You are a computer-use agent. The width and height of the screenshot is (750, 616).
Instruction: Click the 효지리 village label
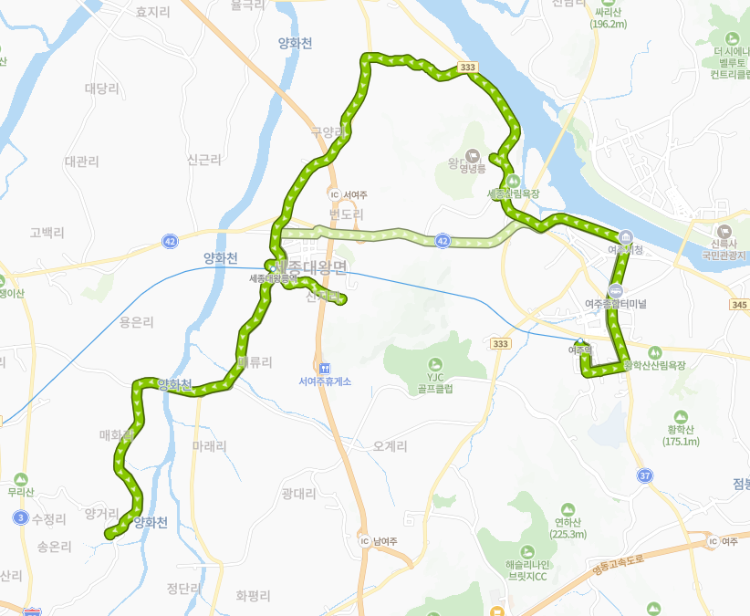click(152, 12)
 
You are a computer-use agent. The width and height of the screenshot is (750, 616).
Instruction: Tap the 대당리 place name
click(102, 88)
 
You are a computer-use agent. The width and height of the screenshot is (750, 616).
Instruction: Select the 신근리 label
click(203, 160)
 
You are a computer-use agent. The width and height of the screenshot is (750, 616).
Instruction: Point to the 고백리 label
click(47, 232)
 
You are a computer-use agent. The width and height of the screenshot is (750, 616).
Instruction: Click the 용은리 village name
click(137, 322)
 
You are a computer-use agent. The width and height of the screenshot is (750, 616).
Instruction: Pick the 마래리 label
click(210, 446)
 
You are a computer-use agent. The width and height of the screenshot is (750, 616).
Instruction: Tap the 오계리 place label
click(391, 446)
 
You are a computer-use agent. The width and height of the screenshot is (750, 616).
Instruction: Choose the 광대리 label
click(298, 494)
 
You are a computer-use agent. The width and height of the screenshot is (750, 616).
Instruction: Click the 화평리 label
click(253, 596)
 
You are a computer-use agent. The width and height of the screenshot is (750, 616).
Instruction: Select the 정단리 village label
click(184, 589)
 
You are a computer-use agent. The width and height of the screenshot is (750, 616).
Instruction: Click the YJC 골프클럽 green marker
click(433, 362)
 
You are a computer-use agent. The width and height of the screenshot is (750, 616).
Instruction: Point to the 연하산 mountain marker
click(568, 508)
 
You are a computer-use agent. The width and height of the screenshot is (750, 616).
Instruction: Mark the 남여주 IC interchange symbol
click(365, 541)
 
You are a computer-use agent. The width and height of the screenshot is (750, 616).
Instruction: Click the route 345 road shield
click(739, 304)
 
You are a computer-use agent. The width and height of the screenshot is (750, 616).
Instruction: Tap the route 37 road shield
click(645, 475)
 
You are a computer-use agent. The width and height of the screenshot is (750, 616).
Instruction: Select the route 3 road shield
click(20, 517)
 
